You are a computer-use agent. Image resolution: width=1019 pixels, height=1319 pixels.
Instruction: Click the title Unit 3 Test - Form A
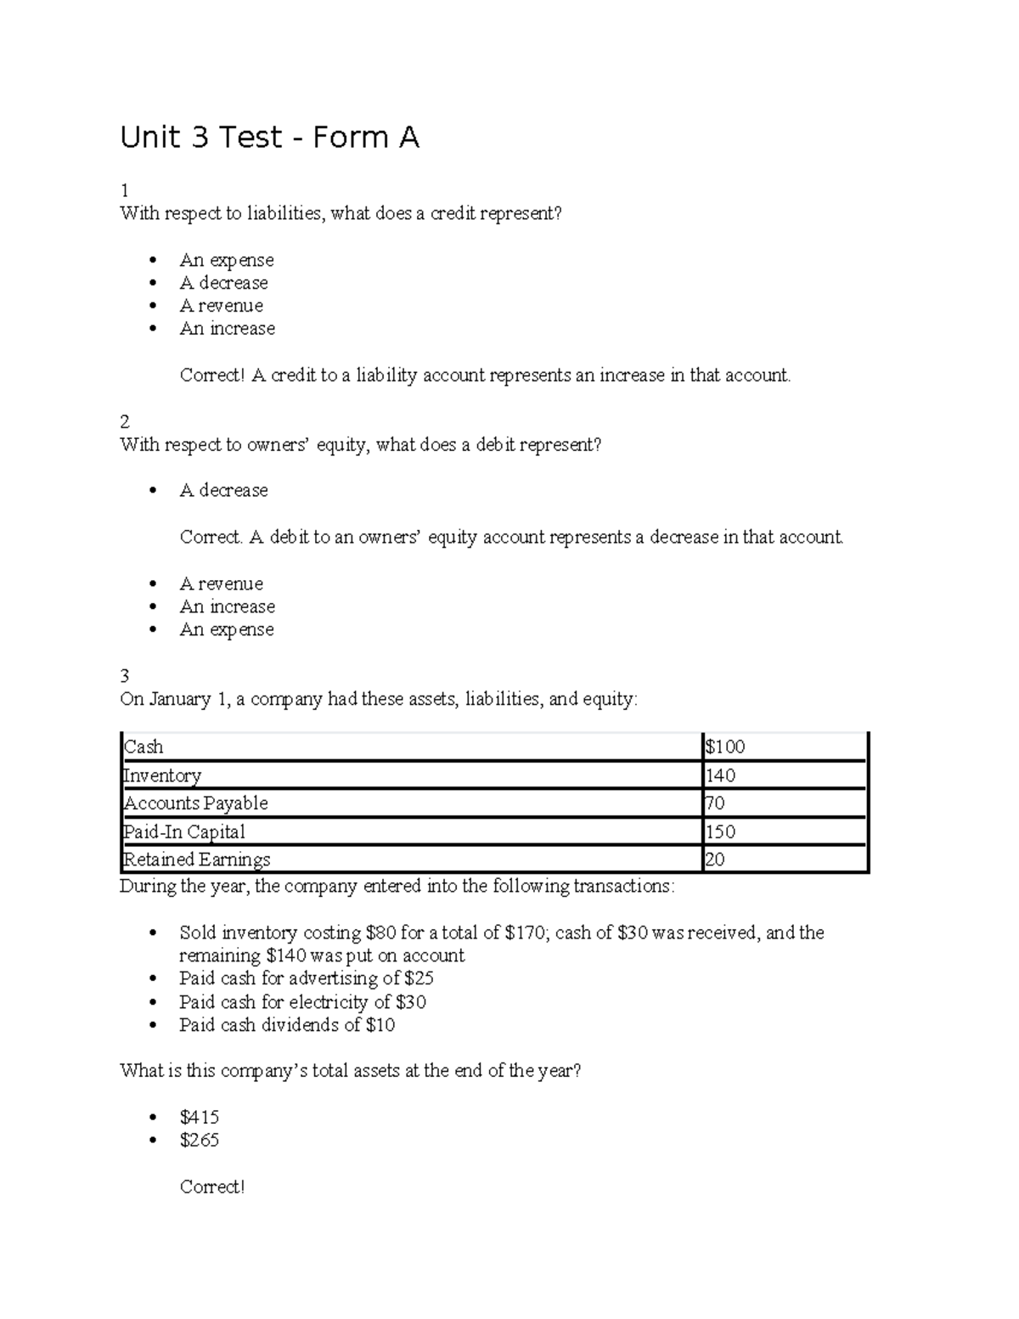[x=269, y=138]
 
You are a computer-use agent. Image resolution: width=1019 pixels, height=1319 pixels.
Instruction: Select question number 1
[x=124, y=190]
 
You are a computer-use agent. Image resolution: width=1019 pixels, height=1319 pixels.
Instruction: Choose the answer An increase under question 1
[x=227, y=329]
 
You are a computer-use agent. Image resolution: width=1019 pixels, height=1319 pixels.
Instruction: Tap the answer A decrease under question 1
[x=223, y=283]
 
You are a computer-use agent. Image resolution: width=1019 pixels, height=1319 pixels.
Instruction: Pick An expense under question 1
[x=226, y=260]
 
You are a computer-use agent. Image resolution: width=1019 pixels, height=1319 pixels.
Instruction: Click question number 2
[x=125, y=422]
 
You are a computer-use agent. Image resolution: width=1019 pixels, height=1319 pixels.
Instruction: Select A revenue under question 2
[x=221, y=583]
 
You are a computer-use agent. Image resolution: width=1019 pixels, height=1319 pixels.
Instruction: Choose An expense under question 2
[x=226, y=629]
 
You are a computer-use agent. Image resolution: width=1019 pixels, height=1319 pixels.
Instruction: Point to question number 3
[x=125, y=676]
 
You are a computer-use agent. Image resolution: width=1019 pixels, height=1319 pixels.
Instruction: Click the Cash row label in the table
[x=144, y=747]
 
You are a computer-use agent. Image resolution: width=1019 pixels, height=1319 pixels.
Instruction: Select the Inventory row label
[x=162, y=775]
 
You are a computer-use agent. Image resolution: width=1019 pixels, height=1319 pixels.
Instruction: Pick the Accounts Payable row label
[x=195, y=803]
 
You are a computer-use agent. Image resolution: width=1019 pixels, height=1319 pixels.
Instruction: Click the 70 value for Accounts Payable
[x=715, y=803]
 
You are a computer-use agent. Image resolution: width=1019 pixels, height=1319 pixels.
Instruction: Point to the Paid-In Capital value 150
[x=720, y=831]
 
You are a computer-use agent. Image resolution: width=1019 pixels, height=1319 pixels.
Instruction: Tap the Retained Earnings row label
[x=196, y=860]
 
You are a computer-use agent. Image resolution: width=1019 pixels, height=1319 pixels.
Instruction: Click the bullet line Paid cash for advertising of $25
[x=306, y=978]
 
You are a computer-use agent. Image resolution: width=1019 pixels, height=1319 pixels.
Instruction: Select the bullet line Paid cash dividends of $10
[x=286, y=1025]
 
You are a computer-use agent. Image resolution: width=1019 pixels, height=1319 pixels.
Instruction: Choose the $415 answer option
[x=199, y=1118]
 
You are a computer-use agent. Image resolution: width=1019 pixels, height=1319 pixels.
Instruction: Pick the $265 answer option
[x=199, y=1141]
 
